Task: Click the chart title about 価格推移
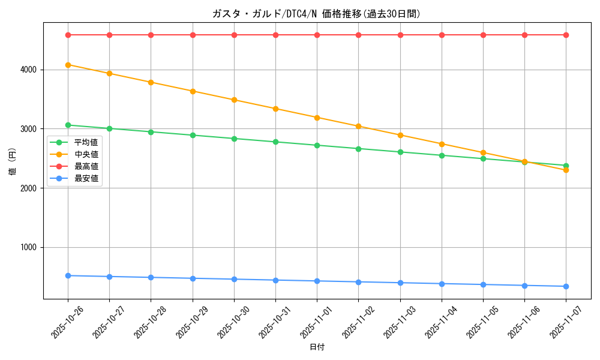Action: (316, 14)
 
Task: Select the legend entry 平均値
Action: (86, 143)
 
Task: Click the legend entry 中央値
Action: (86, 155)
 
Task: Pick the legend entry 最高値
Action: (86, 166)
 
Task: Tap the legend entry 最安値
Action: (86, 178)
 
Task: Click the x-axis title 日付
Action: (317, 347)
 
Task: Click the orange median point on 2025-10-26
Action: (68, 65)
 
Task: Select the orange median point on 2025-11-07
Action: (566, 170)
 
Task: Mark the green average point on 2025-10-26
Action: (68, 125)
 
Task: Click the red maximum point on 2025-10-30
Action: (234, 35)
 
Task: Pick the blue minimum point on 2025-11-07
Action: (566, 286)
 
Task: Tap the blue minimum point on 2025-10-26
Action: (68, 275)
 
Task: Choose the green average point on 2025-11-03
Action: (400, 152)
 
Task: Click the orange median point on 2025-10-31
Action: (275, 109)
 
